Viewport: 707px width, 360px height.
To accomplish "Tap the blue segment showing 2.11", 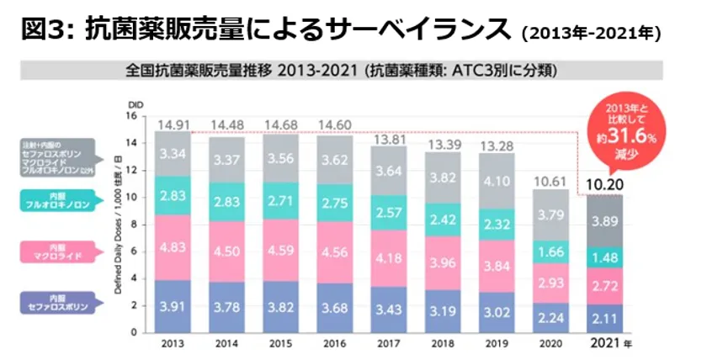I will point(604,318).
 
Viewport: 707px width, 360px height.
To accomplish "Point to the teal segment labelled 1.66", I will point(550,251).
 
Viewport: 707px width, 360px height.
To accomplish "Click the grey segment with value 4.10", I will point(497,181).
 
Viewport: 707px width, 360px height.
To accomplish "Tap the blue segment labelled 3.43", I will point(389,309).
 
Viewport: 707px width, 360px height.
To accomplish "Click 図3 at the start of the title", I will point(44,29).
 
